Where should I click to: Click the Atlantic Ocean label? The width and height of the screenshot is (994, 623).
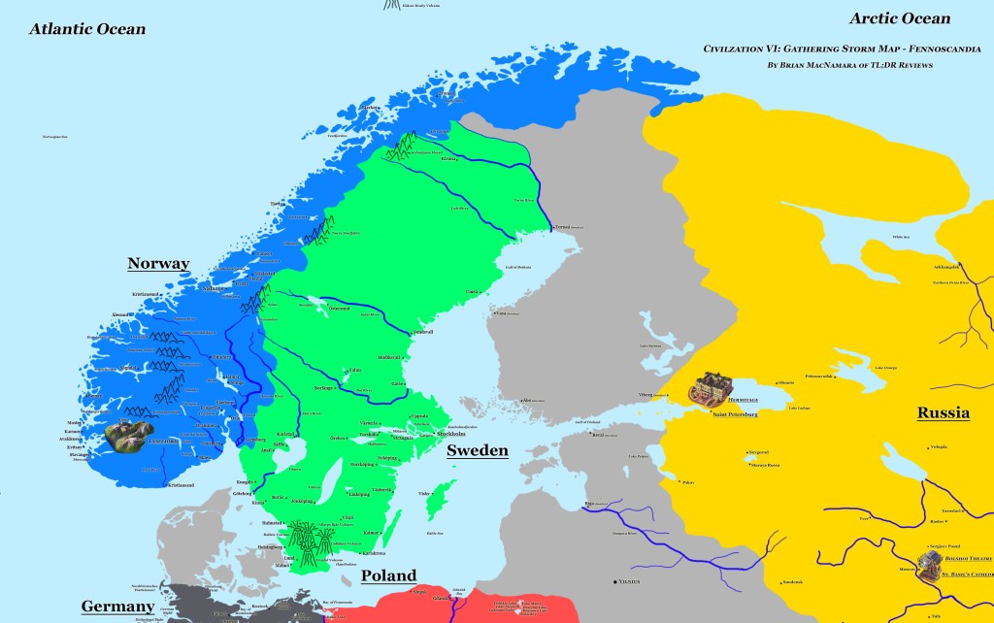click(x=87, y=29)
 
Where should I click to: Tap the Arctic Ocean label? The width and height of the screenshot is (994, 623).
click(x=900, y=18)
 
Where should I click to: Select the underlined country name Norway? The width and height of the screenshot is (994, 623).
click(x=158, y=264)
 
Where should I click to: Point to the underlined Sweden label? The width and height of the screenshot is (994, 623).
click(x=477, y=451)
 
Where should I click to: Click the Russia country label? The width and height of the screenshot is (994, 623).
click(x=943, y=413)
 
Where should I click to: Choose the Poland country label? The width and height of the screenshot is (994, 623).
click(x=388, y=575)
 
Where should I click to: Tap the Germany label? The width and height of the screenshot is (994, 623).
click(x=117, y=607)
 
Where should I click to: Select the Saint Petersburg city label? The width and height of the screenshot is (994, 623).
click(x=734, y=414)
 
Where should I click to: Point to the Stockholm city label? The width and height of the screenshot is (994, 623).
click(x=457, y=434)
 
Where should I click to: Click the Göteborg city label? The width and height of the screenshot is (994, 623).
click(x=242, y=493)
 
